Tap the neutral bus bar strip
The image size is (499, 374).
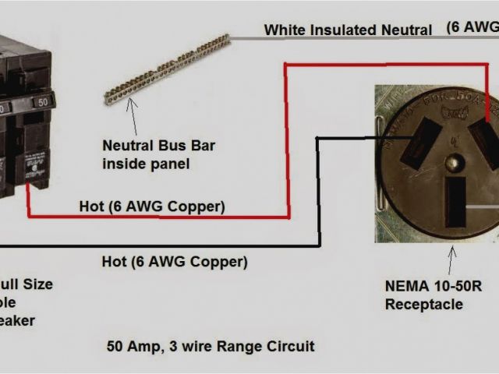tap(167, 69)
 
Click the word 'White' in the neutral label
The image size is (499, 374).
tap(283, 30)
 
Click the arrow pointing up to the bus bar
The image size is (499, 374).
tap(130, 117)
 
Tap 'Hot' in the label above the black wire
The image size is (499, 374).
tap(115, 262)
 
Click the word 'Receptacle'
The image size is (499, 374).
tap(423, 304)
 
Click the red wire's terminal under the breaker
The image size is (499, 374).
tap(29, 185)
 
